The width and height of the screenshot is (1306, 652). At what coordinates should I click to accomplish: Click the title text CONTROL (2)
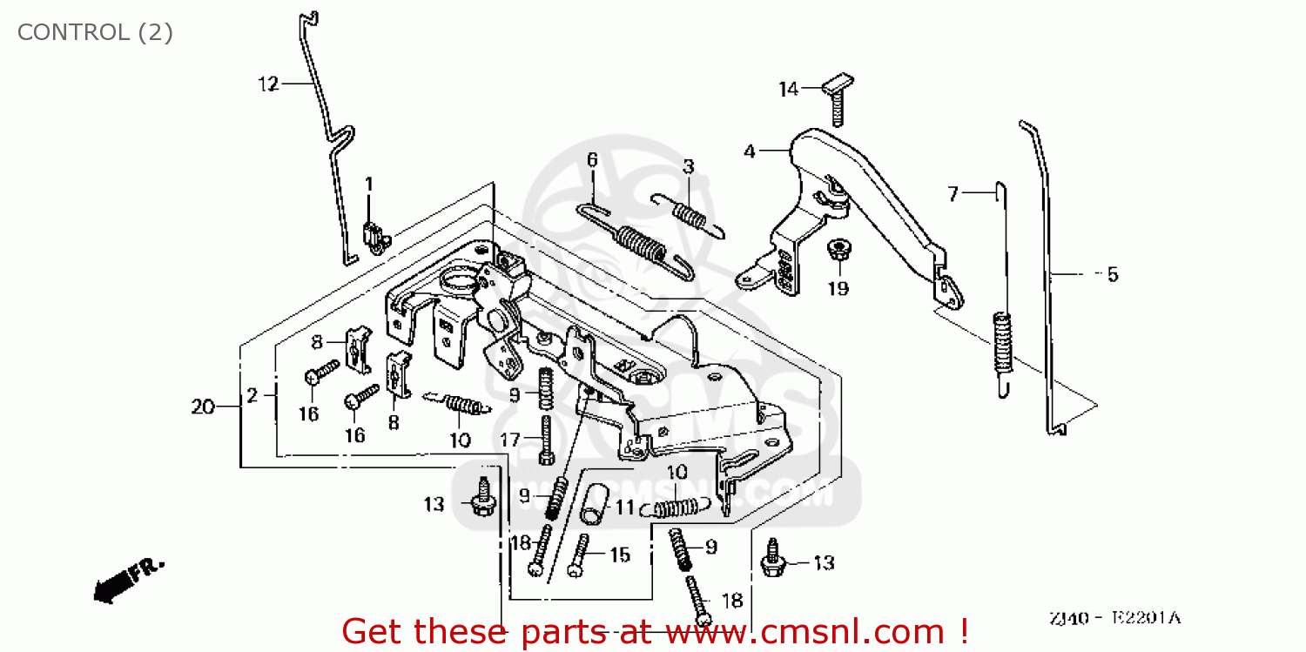tap(95, 32)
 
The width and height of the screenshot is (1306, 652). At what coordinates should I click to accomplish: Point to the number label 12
tap(267, 84)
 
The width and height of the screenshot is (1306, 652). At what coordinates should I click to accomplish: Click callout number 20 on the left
tap(202, 407)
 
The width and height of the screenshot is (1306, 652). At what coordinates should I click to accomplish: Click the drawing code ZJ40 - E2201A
tap(1114, 618)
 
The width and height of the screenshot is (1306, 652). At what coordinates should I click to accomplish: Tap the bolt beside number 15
tap(578, 555)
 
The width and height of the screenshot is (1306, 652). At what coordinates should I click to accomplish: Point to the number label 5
tap(1112, 275)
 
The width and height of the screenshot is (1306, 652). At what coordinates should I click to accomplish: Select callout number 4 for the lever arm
tap(750, 151)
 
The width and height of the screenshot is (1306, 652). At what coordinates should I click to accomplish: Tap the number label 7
tap(953, 194)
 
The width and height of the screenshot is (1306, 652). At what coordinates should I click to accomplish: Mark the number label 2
tap(252, 396)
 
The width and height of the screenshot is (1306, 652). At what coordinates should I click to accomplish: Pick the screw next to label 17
tap(546, 440)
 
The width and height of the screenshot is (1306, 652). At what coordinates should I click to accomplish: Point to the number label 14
tap(788, 89)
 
